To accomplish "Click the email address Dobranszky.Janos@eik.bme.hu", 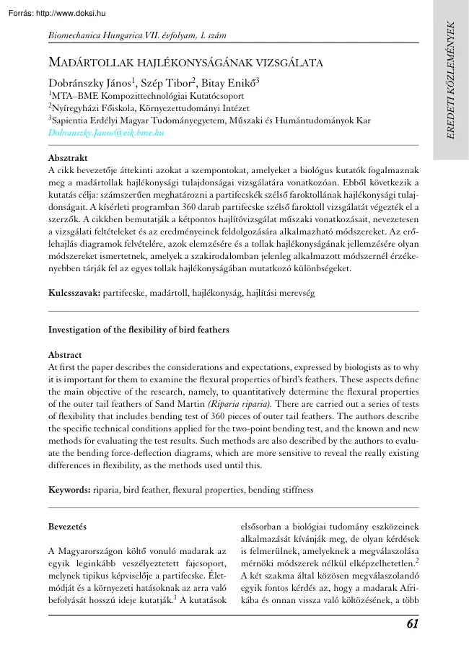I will tap(105, 133).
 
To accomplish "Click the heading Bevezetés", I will tap(67, 527).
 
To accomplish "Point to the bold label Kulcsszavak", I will tap(74, 294).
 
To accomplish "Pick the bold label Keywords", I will tap(69, 490).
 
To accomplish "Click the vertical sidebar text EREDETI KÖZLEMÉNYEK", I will tap(452, 79).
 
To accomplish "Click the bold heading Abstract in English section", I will tap(65, 355).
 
